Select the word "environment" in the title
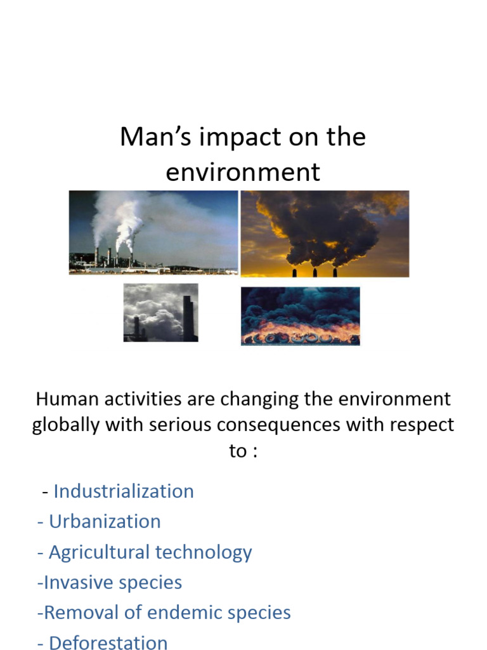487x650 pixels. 243,173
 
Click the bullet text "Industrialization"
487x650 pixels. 124,491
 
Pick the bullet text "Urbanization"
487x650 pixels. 105,522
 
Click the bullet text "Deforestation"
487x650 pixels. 108,642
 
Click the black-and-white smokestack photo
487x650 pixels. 160,312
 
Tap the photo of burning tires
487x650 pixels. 300,316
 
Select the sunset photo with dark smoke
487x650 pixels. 325,234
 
